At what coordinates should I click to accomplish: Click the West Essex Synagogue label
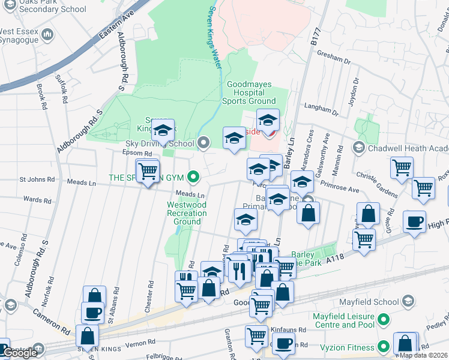23,35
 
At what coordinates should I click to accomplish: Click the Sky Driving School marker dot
203,143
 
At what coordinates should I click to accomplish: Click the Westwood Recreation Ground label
187,213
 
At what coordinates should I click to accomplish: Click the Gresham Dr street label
336,58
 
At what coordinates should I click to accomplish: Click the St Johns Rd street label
37,179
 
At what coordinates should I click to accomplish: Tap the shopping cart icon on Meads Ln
148,172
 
